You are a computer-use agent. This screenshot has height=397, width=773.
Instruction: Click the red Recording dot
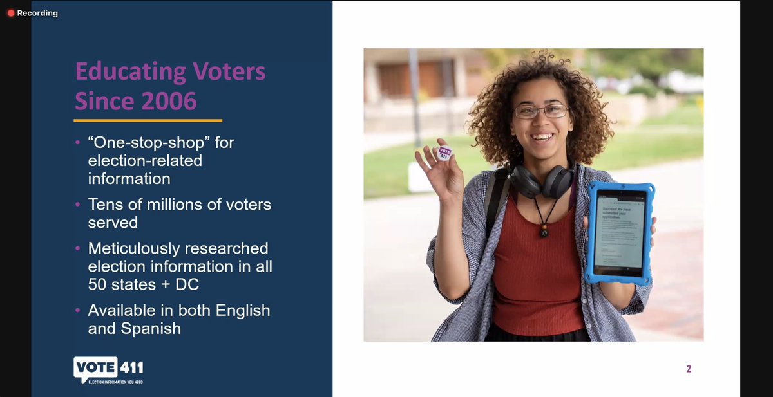coord(11,13)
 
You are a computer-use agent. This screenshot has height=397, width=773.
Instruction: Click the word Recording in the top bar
coord(37,13)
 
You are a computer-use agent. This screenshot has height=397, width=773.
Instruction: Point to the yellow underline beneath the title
coord(148,120)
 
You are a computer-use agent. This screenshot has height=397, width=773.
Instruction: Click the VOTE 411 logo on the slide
coord(108,368)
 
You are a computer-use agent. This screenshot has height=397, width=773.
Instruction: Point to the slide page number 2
coord(689,369)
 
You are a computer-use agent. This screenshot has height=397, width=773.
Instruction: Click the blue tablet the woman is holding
coord(619,232)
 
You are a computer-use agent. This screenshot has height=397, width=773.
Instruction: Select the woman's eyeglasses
coord(541,111)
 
